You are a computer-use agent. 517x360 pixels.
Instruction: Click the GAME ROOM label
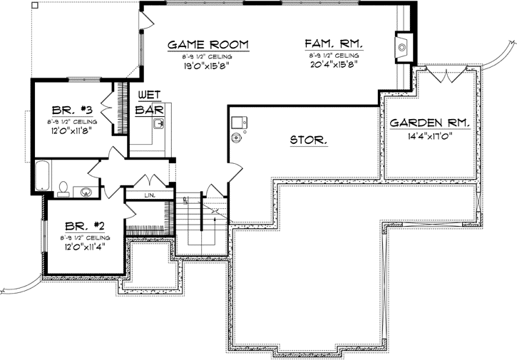coord(207,44)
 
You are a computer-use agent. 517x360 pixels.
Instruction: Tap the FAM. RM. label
coord(334,44)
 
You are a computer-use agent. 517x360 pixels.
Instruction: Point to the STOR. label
coord(309,140)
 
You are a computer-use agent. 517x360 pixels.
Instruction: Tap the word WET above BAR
coord(148,96)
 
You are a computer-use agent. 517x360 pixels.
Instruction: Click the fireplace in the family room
coord(403,47)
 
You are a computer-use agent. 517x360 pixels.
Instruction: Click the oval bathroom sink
coord(87,191)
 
